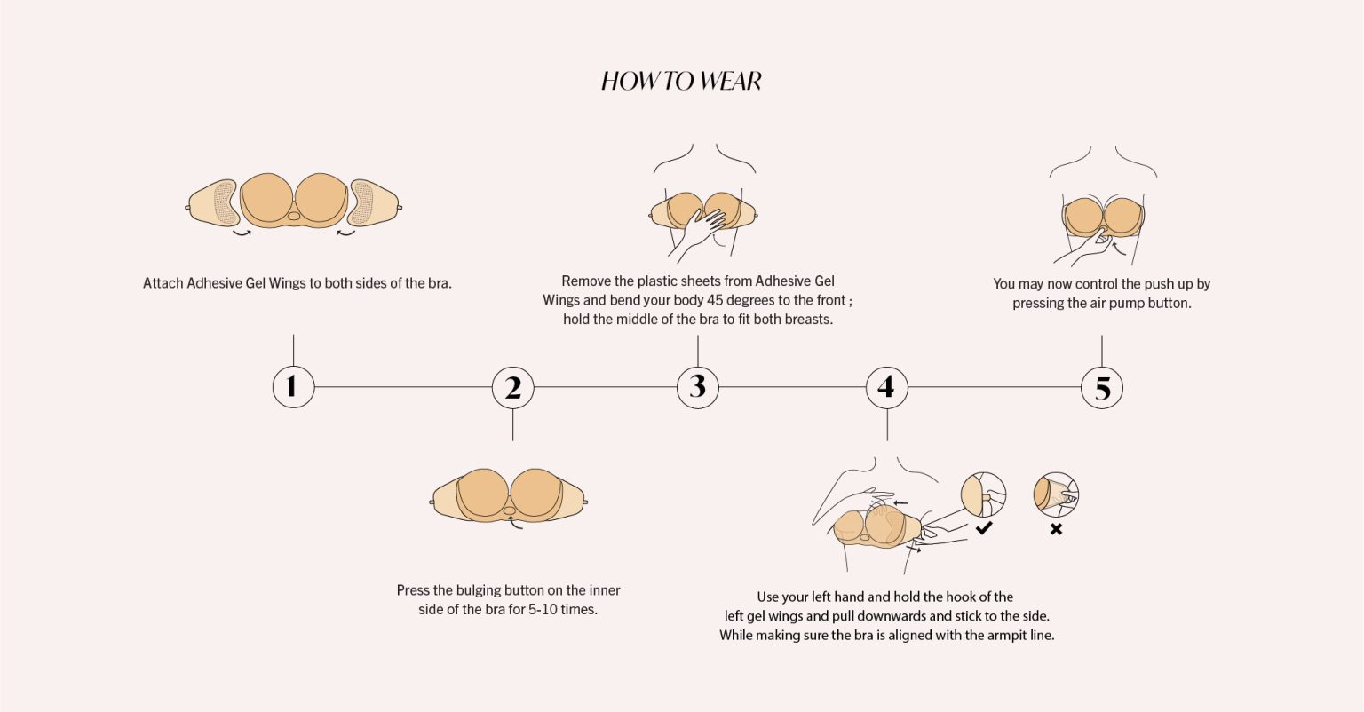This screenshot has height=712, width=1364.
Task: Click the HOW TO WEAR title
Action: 681,81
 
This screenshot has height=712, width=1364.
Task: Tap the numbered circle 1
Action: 294,387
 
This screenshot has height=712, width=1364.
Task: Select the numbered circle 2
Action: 512,388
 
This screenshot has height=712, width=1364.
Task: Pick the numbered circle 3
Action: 698,387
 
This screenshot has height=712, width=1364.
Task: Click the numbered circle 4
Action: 886,387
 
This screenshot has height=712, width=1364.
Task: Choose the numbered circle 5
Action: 1101,388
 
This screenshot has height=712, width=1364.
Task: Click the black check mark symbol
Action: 984,527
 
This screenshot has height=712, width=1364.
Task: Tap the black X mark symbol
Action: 1056,529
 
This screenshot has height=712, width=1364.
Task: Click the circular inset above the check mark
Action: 983,494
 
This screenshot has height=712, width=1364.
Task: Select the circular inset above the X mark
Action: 1056,494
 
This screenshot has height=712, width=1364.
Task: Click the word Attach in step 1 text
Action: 163,283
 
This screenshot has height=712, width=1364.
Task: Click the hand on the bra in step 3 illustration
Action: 701,234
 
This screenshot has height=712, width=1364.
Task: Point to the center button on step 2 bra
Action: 510,510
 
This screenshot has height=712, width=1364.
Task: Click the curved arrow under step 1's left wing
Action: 242,233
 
